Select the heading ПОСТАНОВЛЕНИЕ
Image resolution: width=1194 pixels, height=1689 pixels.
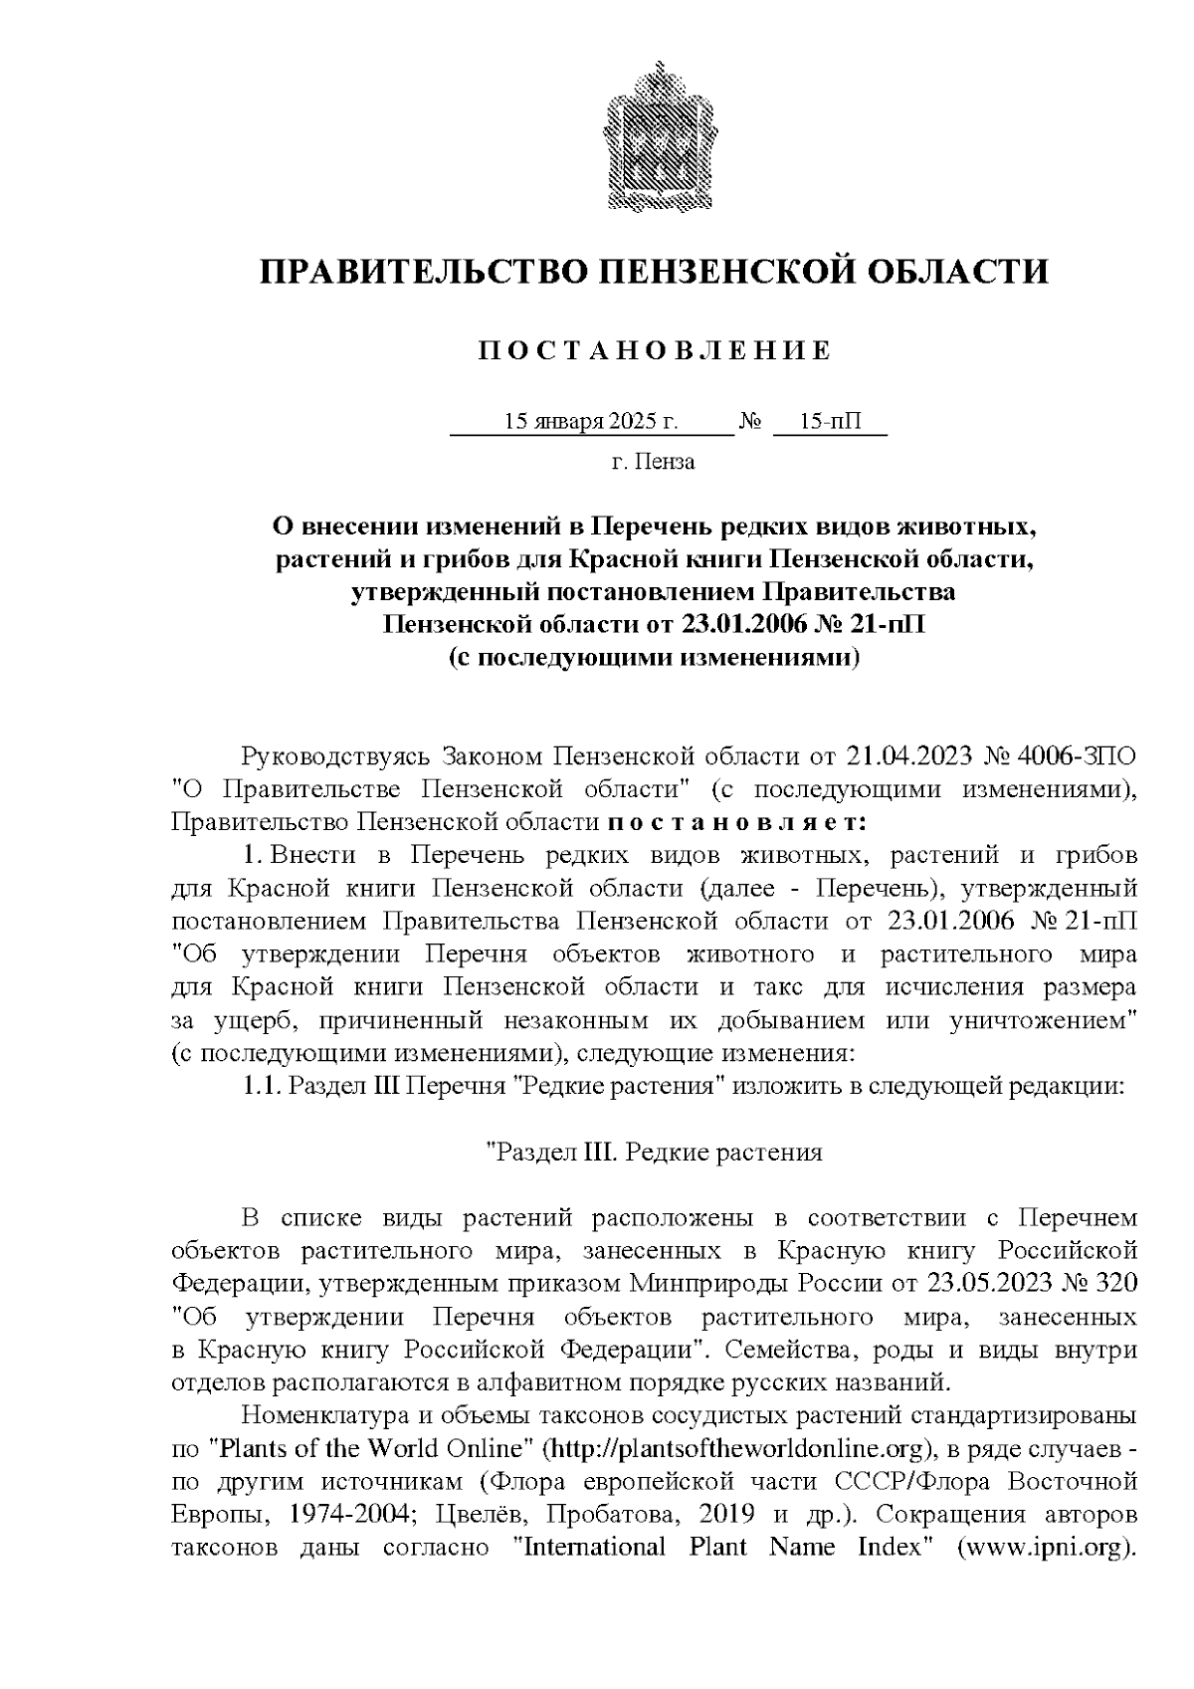(653, 351)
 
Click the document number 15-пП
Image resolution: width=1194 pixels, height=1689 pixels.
(829, 422)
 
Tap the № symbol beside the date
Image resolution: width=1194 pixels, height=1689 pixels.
(750, 423)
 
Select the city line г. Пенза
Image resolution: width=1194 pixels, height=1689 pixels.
(653, 463)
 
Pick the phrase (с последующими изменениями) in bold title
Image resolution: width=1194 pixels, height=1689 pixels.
(653, 658)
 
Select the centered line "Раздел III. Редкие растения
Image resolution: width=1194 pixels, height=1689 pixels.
(653, 1153)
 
